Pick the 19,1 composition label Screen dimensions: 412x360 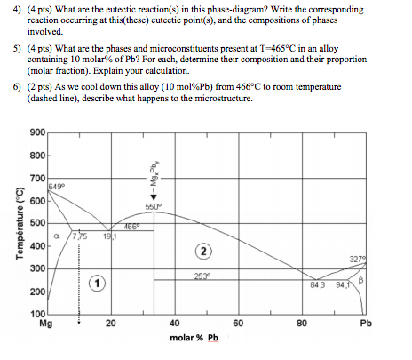tap(106, 237)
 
